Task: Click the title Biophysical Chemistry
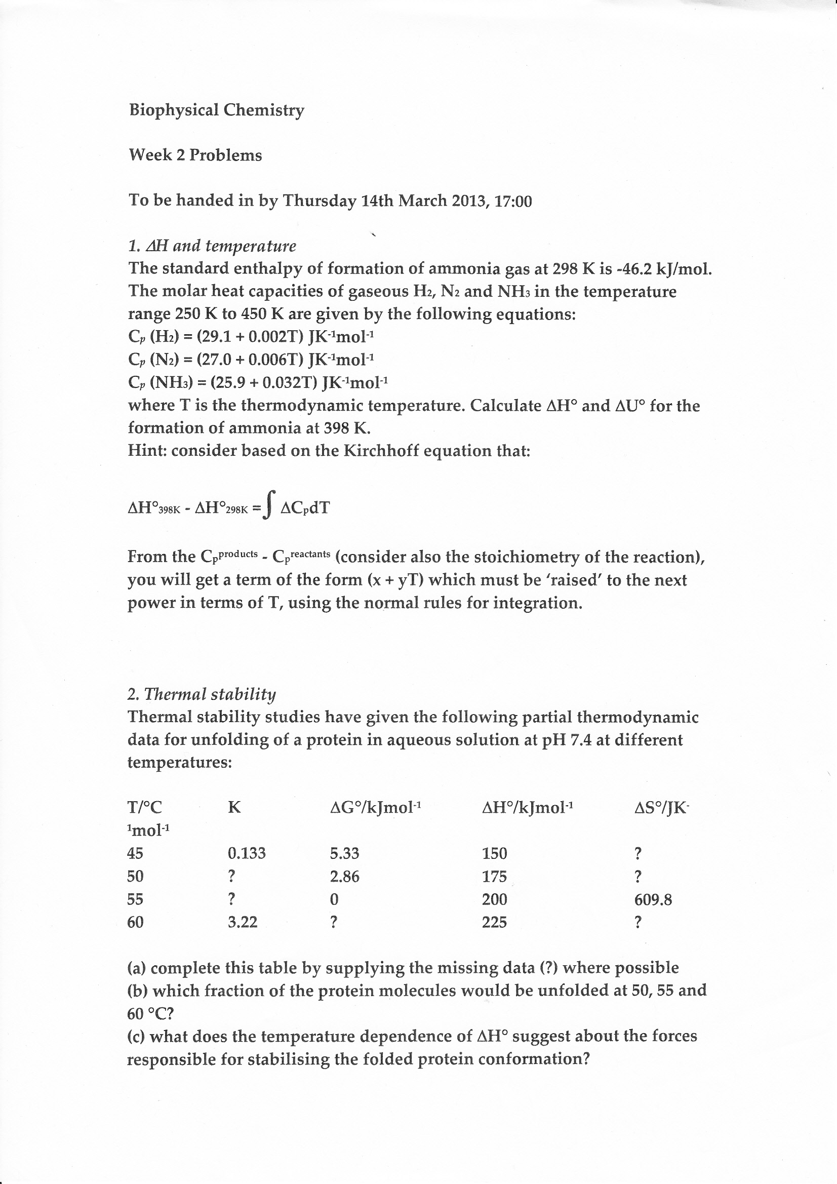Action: pos(216,110)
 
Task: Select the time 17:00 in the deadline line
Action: pos(512,201)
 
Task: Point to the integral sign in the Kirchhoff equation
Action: pos(269,505)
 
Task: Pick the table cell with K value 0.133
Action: pos(247,853)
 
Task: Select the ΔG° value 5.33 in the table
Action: pos(344,853)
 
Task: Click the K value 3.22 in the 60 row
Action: pos(243,922)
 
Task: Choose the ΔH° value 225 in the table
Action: pos(494,922)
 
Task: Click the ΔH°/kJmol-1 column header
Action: pos(527,808)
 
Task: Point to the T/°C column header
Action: pos(144,808)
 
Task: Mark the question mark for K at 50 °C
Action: pos(231,876)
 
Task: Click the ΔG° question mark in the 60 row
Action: pos(334,922)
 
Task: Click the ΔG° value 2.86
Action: pos(344,877)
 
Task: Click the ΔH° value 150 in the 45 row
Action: pos(494,853)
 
